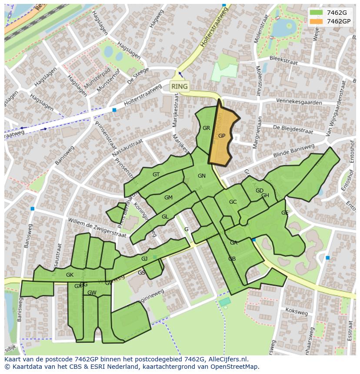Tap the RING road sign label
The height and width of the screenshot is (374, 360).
[180, 86]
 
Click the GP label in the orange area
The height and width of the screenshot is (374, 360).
[222, 136]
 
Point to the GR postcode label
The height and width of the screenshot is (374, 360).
[206, 128]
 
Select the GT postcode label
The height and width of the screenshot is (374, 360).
[156, 175]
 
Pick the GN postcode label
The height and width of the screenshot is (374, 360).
[201, 176]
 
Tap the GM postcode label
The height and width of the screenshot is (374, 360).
[168, 198]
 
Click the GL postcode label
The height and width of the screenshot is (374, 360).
[165, 217]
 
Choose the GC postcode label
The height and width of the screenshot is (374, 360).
[233, 202]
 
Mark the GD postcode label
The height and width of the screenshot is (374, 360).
[259, 191]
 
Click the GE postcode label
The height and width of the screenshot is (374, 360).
[285, 213]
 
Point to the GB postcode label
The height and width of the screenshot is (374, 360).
[232, 259]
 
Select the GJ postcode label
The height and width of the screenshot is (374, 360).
[144, 259]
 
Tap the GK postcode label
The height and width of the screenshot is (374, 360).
[70, 275]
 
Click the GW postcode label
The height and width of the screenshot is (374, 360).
[92, 293]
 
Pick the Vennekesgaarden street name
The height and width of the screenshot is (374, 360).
[299, 103]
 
